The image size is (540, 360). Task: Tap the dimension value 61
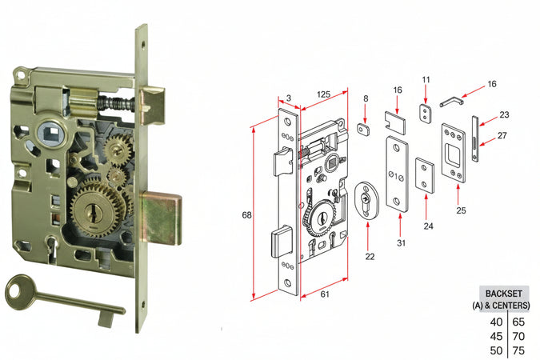(324, 294)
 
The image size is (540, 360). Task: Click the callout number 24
(428, 226)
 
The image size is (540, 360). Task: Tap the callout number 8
(366, 98)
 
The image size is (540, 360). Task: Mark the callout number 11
(426, 80)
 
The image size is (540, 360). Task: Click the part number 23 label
(504, 114)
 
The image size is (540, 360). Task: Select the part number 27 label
(502, 136)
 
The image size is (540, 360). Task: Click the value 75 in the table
(518, 350)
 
